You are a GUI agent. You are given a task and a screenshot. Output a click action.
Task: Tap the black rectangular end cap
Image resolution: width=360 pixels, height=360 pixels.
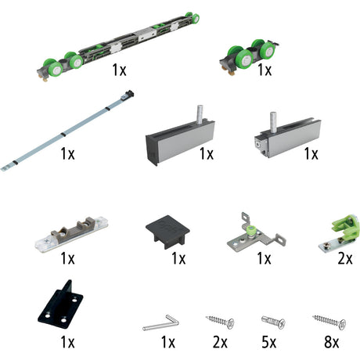pos(167,231)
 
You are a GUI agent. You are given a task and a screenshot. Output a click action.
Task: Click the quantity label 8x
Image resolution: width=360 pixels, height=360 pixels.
pos(331,342)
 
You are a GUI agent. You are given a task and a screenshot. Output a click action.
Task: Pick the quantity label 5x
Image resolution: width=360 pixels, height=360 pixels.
pos(269,342)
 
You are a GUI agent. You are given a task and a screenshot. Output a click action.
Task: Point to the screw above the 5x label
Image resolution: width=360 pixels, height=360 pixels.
pos(273,322)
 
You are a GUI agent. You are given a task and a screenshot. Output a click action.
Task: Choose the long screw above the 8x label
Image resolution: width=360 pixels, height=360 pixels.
pos(329,322)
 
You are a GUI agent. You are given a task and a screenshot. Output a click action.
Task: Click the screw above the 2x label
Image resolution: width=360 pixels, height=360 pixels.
pos(220,322)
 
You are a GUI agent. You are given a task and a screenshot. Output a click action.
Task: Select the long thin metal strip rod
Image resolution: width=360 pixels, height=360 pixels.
pos(67,131)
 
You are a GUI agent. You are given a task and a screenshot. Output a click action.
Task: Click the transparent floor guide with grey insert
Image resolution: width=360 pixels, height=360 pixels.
pos(71,232)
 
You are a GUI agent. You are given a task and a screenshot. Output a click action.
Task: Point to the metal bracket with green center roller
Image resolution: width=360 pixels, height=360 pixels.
pos(257,233)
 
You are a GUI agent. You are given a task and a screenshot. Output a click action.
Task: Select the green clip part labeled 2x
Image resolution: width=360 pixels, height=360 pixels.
pos(340,232)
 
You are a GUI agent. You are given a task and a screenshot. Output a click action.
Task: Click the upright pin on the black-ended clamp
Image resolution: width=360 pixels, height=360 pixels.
pos(200,114)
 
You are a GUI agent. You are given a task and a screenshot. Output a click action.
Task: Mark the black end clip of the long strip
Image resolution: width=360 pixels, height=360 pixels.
pos(129,93)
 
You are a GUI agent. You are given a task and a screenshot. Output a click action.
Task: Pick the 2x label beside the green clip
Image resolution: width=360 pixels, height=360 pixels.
pos(345,258)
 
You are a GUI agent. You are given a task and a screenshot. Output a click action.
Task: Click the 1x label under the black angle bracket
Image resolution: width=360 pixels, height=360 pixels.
pos(67,342)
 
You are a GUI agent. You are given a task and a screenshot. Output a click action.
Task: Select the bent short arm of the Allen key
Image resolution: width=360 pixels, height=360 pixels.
pos(173,319)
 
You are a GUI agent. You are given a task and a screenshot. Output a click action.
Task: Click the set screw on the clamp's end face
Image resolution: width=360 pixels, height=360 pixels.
pos(258,144)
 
